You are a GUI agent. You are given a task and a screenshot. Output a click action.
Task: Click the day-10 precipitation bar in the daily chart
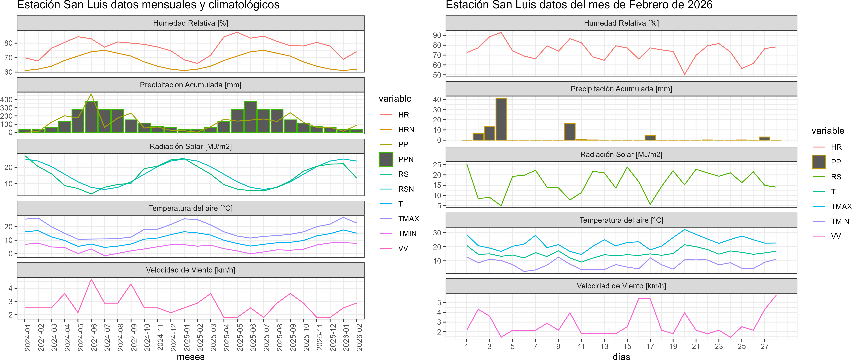click(x=570, y=132)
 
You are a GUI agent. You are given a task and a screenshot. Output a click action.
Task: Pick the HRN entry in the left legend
click(x=406, y=130)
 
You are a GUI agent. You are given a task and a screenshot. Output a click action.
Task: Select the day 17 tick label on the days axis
click(x=650, y=346)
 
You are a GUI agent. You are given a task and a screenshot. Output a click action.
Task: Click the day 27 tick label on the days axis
click(x=764, y=346)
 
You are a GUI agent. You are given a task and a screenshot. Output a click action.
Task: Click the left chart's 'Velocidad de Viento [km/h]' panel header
click(x=190, y=270)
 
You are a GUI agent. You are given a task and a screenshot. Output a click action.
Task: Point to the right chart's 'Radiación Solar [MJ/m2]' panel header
click(x=621, y=155)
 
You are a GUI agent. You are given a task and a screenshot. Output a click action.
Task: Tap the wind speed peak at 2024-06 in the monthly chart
click(x=91, y=279)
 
